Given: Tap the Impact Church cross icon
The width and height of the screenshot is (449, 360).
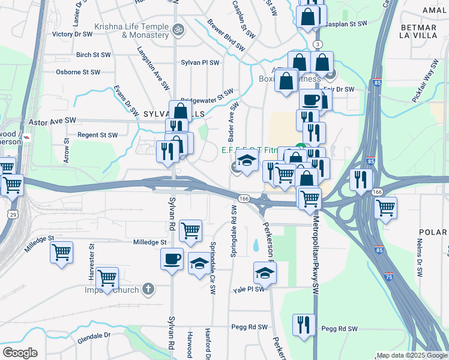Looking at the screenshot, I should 149,290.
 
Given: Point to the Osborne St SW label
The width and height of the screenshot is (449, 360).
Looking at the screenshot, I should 77,72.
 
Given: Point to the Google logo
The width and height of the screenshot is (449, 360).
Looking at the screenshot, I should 20,353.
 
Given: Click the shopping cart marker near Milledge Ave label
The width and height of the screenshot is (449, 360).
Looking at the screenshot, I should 61,253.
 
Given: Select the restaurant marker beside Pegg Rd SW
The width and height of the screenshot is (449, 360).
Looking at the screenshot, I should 304,325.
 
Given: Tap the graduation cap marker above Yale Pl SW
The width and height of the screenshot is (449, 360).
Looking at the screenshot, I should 265,273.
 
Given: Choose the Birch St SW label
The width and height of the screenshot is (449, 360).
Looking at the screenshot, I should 94,55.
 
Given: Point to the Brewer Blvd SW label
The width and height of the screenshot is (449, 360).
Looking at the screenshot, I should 226,37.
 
